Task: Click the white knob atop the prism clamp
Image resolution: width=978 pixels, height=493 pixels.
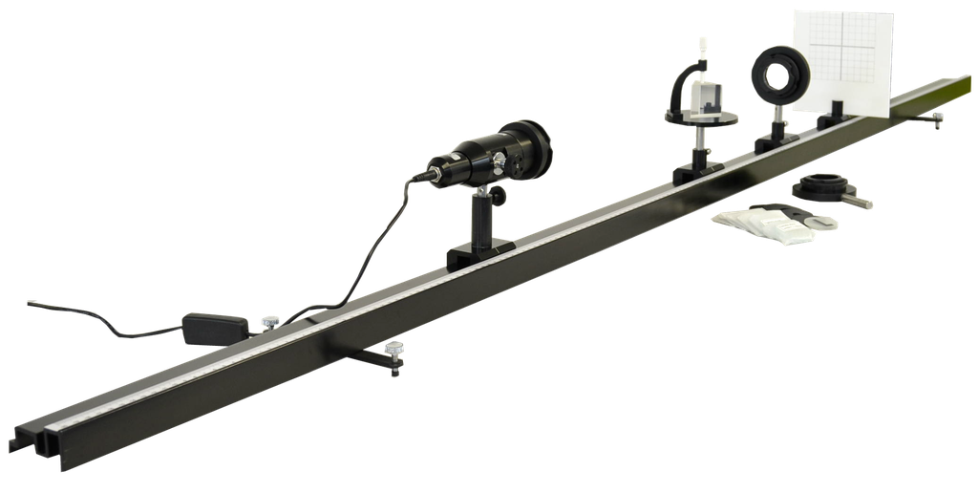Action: [700, 46]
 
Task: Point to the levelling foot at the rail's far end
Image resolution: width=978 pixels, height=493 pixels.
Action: [936, 118]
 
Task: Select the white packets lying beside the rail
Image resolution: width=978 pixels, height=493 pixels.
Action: [764, 225]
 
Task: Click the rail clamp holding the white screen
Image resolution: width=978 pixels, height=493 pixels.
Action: [837, 119]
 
